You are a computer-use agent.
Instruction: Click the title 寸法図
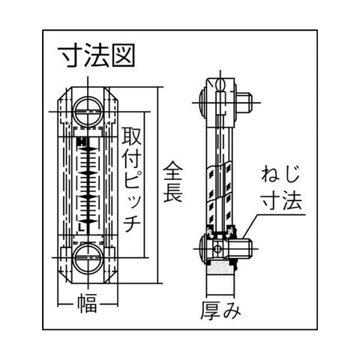[97, 55]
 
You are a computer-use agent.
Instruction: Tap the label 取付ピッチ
[132, 179]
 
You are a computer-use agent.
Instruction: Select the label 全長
[172, 181]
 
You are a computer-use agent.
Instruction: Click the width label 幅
[87, 303]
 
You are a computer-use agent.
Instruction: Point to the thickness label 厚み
[220, 310]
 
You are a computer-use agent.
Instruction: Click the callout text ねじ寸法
[281, 188]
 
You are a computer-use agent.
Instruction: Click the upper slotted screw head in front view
[88, 111]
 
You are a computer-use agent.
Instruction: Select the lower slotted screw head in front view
[88, 258]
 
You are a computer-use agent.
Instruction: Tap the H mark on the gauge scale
[82, 142]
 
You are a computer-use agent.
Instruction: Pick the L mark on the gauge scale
[81, 227]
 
